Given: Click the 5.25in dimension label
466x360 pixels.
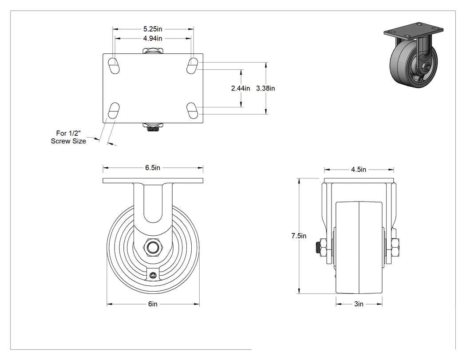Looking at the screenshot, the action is click(x=153, y=29).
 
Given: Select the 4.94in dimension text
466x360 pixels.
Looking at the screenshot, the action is click(x=153, y=38).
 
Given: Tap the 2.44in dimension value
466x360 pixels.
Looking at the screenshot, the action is click(x=241, y=88).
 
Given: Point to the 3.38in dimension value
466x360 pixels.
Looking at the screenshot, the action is click(x=265, y=88).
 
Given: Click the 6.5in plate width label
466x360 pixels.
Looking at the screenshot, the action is click(x=153, y=168).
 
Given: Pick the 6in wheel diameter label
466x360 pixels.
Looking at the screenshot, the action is click(x=153, y=304).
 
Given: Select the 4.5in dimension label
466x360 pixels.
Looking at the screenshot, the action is click(x=359, y=170).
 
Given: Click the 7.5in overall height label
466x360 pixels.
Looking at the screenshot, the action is click(x=299, y=236).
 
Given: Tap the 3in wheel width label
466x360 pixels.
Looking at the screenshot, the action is click(x=359, y=304).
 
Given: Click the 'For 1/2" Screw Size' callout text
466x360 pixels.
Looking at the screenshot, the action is click(x=68, y=137).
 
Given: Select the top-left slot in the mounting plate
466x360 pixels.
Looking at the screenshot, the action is click(x=113, y=66).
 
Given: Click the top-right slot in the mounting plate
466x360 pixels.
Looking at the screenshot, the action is click(x=193, y=66).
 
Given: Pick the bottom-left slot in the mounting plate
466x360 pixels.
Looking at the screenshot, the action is click(x=113, y=111).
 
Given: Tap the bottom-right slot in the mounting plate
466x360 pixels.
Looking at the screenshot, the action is click(x=193, y=111).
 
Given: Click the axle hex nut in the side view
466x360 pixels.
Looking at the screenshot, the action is click(x=153, y=247).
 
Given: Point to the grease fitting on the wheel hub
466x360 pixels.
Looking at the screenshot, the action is click(x=153, y=275).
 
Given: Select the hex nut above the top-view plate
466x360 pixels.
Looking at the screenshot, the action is click(x=153, y=51).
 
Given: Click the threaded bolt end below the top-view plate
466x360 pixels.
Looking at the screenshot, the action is click(x=153, y=127).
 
